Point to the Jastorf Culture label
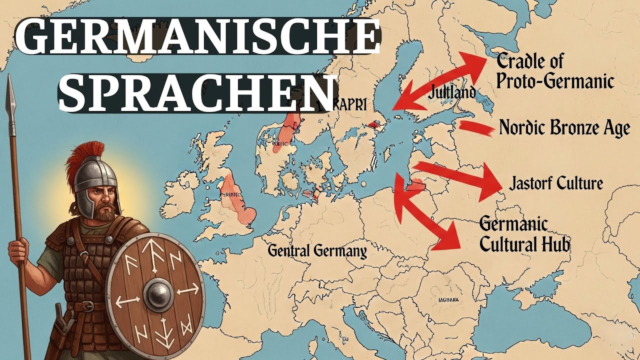click(x=555, y=183)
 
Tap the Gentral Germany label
click(x=317, y=250)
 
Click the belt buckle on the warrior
click(x=88, y=306)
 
